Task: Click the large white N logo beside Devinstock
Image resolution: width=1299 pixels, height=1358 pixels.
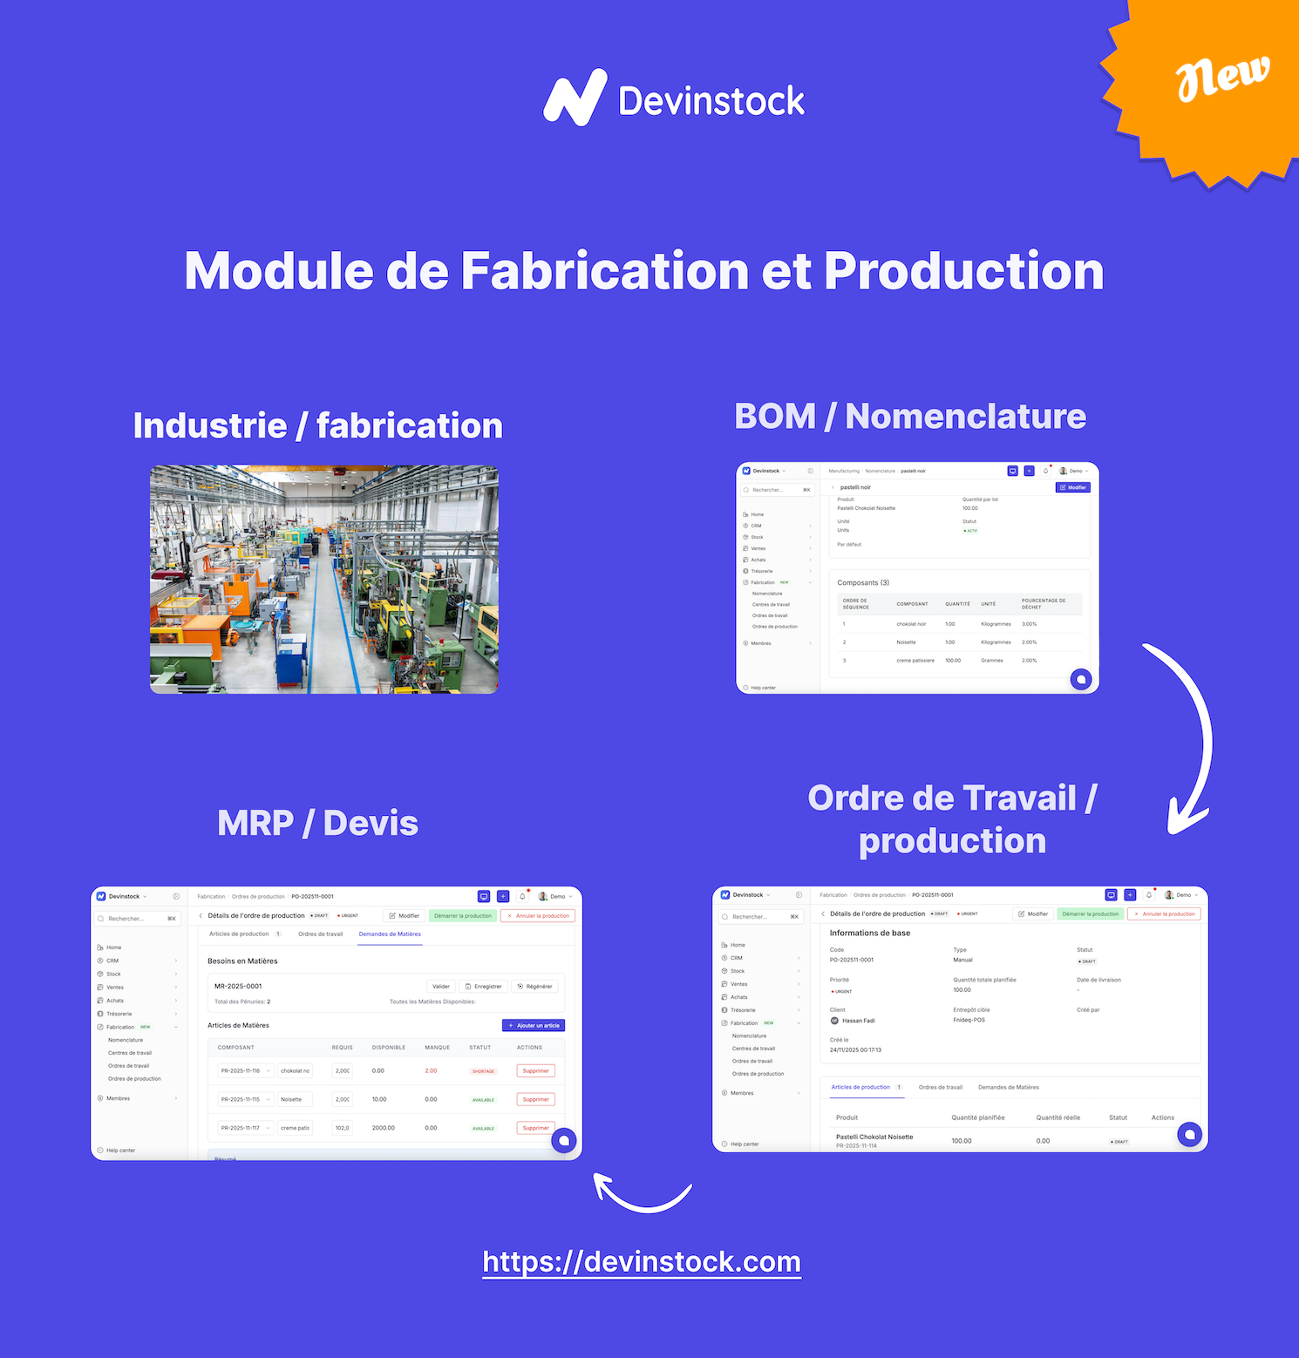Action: [x=575, y=98]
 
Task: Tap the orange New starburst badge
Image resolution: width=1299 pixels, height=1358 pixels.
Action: [x=1217, y=87]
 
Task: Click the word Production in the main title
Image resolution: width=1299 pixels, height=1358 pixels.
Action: [x=963, y=271]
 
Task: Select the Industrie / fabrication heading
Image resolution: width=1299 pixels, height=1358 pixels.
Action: [x=318, y=426]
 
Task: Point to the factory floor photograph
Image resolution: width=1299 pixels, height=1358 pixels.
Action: [x=324, y=580]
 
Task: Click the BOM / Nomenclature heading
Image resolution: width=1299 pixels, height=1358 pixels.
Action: [x=910, y=417]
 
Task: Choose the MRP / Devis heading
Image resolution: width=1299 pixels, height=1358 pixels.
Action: [x=317, y=824]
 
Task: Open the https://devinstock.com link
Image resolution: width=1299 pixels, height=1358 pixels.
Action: [x=642, y=1262]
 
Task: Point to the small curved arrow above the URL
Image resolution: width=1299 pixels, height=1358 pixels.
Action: [x=642, y=1195]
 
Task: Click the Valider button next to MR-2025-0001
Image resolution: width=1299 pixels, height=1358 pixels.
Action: [x=441, y=987]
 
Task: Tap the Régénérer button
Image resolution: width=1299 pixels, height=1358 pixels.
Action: [x=534, y=987]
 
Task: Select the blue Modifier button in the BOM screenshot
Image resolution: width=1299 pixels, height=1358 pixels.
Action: [x=1072, y=487]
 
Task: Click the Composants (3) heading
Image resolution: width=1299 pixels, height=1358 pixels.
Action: [x=863, y=583]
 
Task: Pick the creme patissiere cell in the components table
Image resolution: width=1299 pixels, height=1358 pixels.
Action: [x=915, y=661]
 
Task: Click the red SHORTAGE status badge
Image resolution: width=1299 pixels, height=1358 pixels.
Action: [x=483, y=1071]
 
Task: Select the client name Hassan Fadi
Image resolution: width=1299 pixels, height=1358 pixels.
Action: [x=858, y=1021]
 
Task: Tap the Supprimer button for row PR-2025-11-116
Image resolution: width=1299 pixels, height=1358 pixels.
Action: [x=535, y=1071]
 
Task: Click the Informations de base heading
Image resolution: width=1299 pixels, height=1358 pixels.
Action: [x=869, y=934]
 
